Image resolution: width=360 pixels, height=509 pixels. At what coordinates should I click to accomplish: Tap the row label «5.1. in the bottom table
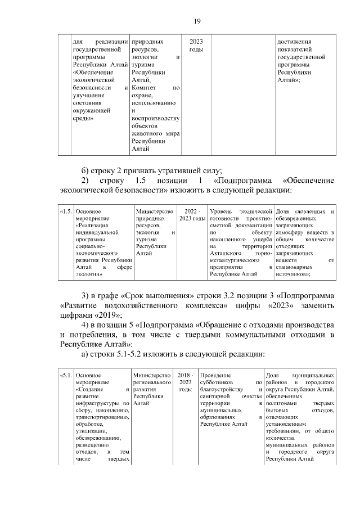[x=66, y=375]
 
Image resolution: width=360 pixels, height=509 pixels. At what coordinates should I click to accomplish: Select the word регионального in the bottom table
[x=152, y=382]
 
